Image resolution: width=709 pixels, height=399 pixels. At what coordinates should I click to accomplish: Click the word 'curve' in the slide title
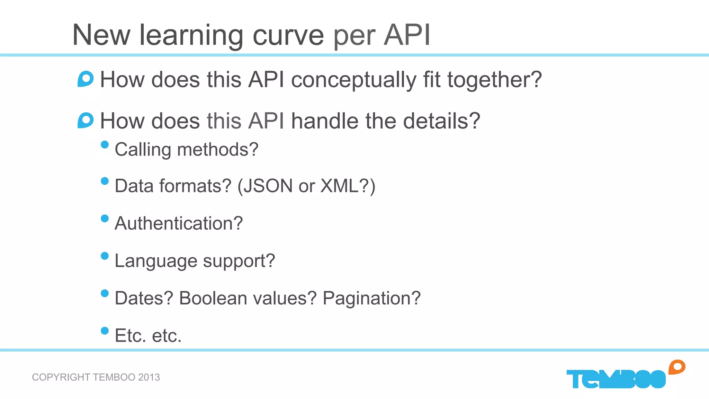click(x=288, y=35)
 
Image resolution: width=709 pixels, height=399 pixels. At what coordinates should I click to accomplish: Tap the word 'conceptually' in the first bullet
click(x=354, y=80)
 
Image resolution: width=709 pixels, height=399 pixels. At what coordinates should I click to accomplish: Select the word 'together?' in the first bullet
click(x=494, y=80)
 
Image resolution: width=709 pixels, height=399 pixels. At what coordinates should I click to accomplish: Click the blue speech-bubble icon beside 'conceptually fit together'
click(x=86, y=79)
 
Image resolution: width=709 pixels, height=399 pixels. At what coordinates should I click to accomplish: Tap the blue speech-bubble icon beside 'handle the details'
click(x=86, y=121)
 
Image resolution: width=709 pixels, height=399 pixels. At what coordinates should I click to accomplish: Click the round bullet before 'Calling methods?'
click(x=105, y=144)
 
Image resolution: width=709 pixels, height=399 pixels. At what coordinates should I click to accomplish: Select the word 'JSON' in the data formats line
click(x=268, y=186)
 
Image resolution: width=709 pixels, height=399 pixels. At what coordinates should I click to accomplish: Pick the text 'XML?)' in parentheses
click(x=348, y=186)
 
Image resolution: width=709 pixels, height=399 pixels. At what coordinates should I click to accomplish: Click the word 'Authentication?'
click(x=179, y=223)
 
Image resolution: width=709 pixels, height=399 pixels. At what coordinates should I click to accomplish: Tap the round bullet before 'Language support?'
click(x=105, y=256)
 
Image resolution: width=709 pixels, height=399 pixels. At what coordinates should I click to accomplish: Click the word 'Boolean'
click(x=213, y=298)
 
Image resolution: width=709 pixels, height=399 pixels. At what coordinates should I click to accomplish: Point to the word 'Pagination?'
click(x=371, y=298)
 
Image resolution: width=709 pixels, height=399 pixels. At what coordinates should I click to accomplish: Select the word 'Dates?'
click(x=144, y=298)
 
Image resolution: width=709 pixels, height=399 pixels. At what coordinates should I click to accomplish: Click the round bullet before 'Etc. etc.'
click(x=105, y=331)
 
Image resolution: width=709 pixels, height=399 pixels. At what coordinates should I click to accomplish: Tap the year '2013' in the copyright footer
click(x=149, y=377)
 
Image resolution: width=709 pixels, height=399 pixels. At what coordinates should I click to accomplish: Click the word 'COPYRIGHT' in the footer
click(x=61, y=377)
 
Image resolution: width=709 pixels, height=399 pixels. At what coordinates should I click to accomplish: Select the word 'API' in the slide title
click(x=407, y=35)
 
